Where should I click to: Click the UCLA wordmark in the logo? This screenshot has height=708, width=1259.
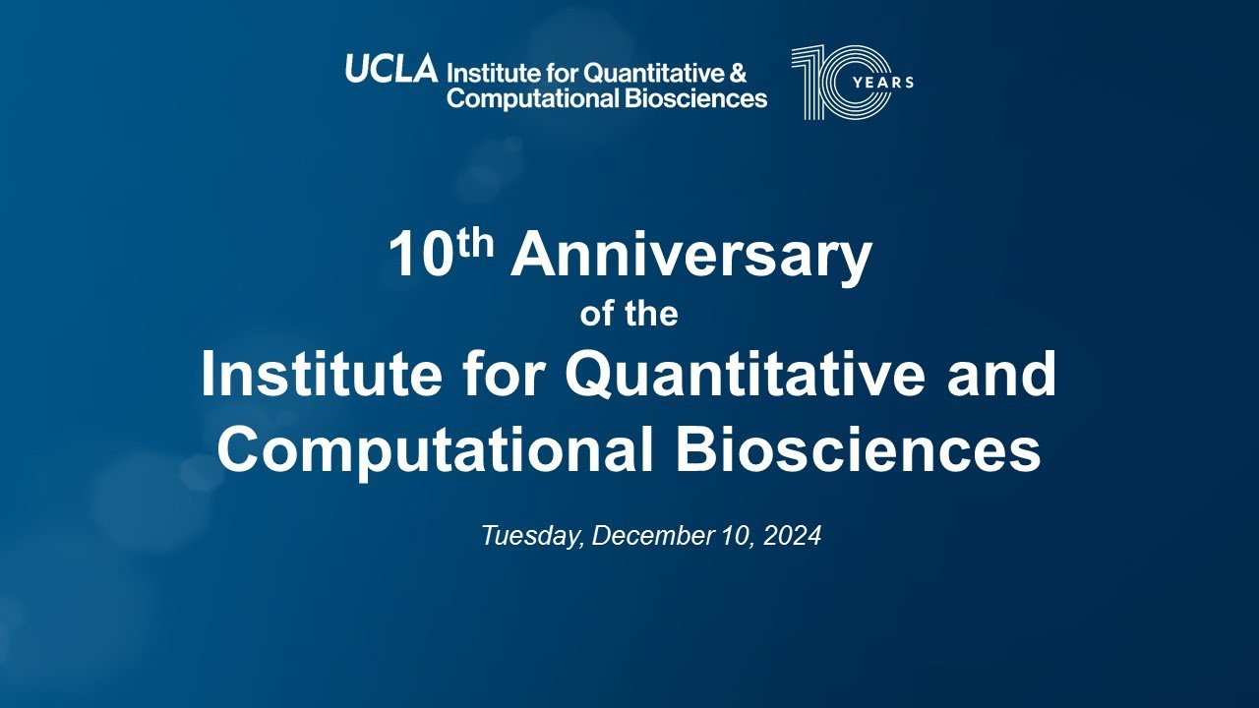click(x=390, y=70)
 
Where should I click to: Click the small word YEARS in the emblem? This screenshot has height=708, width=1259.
click(x=881, y=83)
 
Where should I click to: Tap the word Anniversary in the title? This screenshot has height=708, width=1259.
click(x=690, y=256)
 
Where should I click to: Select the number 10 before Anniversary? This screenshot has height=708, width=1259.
click(x=419, y=257)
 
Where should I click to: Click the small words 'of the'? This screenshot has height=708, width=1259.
click(x=629, y=315)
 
